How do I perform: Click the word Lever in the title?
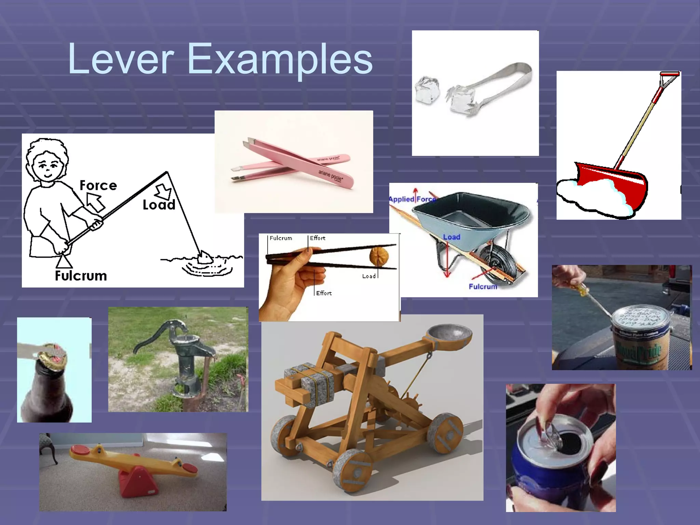coord(121,59)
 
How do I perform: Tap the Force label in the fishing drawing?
coord(98,186)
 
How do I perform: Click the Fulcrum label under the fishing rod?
coord(81,276)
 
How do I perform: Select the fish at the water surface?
coord(205,257)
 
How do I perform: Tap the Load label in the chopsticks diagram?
coord(368,276)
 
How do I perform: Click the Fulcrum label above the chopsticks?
coord(281,238)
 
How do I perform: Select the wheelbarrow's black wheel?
coord(497,265)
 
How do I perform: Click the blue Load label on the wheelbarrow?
coord(451,237)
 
